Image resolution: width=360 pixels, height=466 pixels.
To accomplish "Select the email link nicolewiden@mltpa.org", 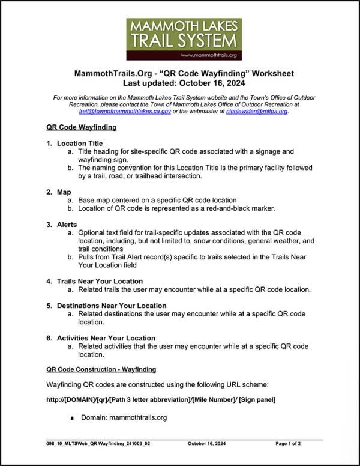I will tap(257, 111).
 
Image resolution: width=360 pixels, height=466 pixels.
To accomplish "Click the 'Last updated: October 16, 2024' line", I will tap(184, 83).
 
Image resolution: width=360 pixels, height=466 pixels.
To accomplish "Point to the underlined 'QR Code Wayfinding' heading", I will tap(81, 127).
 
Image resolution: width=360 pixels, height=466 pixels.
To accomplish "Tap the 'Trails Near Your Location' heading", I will tap(100, 281).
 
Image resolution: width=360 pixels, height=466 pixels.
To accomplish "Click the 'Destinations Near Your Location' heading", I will tap(111, 306).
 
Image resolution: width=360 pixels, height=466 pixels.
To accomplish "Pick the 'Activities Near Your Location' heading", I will tap(106, 338).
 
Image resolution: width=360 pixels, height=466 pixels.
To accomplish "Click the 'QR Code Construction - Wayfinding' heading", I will tap(101, 369).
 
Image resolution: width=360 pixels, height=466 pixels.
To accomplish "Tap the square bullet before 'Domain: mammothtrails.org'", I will tap(73, 418).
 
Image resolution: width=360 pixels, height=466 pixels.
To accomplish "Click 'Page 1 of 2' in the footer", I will tap(288, 444).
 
